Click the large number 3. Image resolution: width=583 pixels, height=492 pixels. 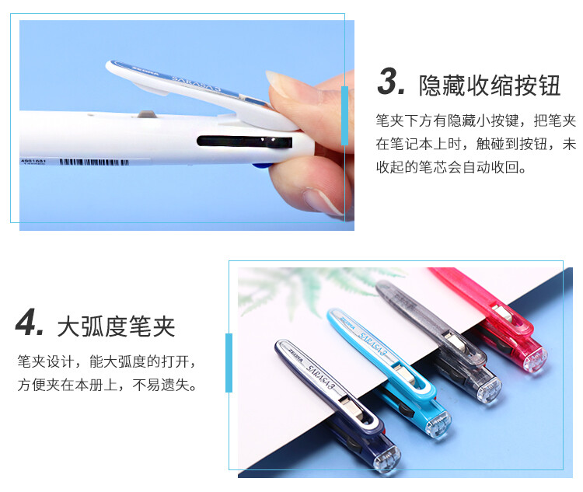(391, 83)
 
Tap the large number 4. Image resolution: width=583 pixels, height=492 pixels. (30, 323)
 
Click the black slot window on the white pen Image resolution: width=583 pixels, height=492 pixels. (245, 142)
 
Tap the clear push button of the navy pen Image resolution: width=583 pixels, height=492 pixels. (388, 459)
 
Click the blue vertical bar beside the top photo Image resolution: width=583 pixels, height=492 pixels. (344, 117)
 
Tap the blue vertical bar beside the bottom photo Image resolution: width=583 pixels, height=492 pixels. (229, 362)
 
